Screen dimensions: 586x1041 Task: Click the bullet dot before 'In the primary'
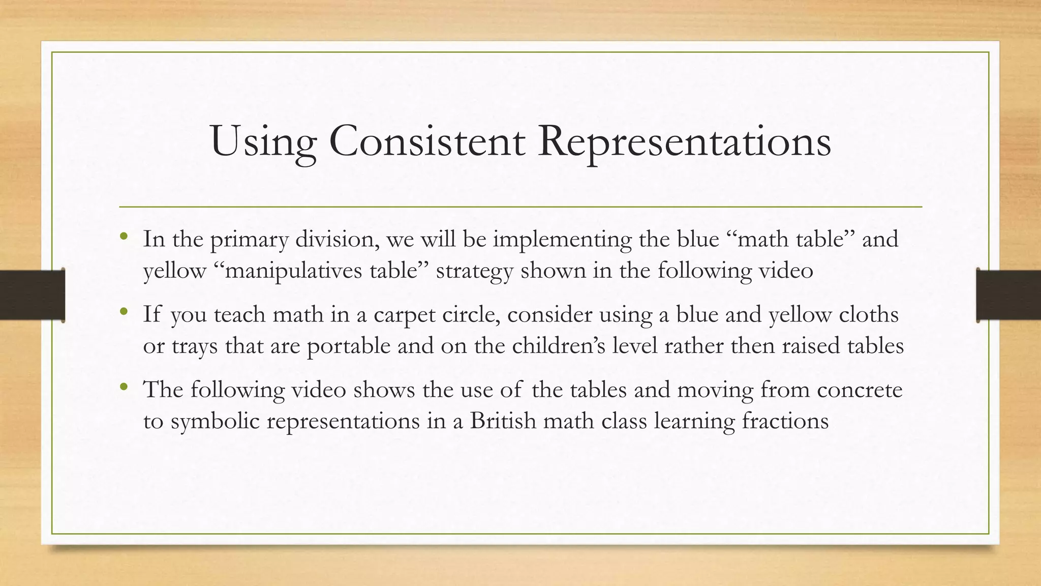click(123, 236)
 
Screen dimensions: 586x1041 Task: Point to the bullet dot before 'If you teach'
click(123, 311)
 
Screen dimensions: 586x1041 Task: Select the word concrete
click(860, 390)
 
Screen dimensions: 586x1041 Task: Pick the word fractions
click(785, 421)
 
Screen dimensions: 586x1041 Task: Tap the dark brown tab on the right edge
click(1008, 295)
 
